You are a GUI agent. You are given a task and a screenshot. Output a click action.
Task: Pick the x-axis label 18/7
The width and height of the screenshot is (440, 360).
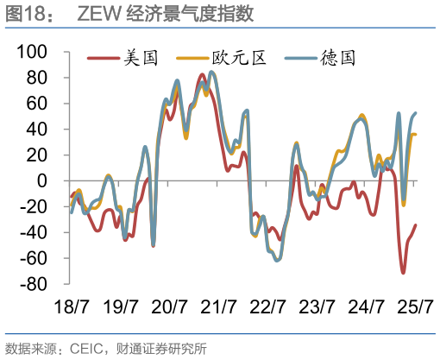[x=72, y=306]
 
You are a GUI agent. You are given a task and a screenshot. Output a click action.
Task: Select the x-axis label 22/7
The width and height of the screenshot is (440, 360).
[x=268, y=306]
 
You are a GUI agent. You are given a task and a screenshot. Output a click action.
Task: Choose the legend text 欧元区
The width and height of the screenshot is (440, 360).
[x=240, y=59]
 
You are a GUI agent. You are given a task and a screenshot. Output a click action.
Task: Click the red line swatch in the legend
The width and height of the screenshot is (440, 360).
[x=104, y=59]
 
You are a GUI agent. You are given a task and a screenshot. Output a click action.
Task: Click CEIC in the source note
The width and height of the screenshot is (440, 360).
[x=84, y=348]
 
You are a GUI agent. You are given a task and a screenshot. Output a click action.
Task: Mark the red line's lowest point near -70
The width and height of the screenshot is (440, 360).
[x=403, y=273]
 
